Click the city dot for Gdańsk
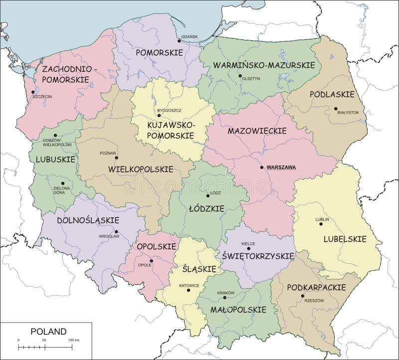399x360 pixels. pos(180,41)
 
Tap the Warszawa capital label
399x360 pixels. pos(281,168)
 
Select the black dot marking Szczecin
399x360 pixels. pos(33,92)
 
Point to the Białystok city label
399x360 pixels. pos(348,113)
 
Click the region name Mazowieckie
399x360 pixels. pos(257,131)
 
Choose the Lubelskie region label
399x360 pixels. pos(345,239)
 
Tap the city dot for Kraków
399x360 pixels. pos(225,298)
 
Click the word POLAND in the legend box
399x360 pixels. pos(48,331)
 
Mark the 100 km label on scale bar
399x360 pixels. pos(74,340)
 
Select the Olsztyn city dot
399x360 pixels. pos(240,76)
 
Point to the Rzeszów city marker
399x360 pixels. pos(303,296)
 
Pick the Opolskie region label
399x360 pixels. pos(157,246)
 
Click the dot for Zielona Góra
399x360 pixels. pos(63,183)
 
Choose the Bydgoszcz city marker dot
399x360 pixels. pos(159,115)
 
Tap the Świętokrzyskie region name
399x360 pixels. pos(261,255)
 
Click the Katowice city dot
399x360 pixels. pos(189,290)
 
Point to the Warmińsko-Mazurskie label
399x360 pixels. pos(264,65)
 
